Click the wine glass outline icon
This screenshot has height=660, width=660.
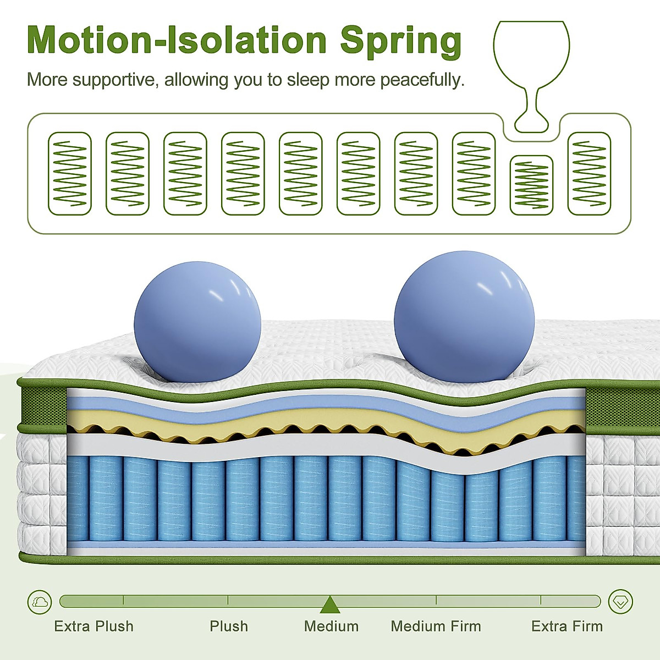tap(531, 66)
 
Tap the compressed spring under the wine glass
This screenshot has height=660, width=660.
tap(531, 185)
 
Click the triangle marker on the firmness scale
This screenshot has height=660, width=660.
tap(329, 604)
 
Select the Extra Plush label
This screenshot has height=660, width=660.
tap(94, 626)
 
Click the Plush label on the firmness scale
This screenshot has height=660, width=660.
tap(229, 626)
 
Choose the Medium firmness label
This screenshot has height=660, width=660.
tap(331, 626)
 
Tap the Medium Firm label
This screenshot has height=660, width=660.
tap(436, 626)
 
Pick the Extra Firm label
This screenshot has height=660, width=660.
tap(566, 626)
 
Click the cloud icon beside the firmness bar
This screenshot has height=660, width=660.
tap(40, 602)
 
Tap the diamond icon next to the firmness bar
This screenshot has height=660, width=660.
tap(620, 602)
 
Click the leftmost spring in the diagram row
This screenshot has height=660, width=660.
tap(70, 173)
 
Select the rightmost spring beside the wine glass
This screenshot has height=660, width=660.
tap(589, 173)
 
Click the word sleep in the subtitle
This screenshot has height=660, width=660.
tap(308, 80)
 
